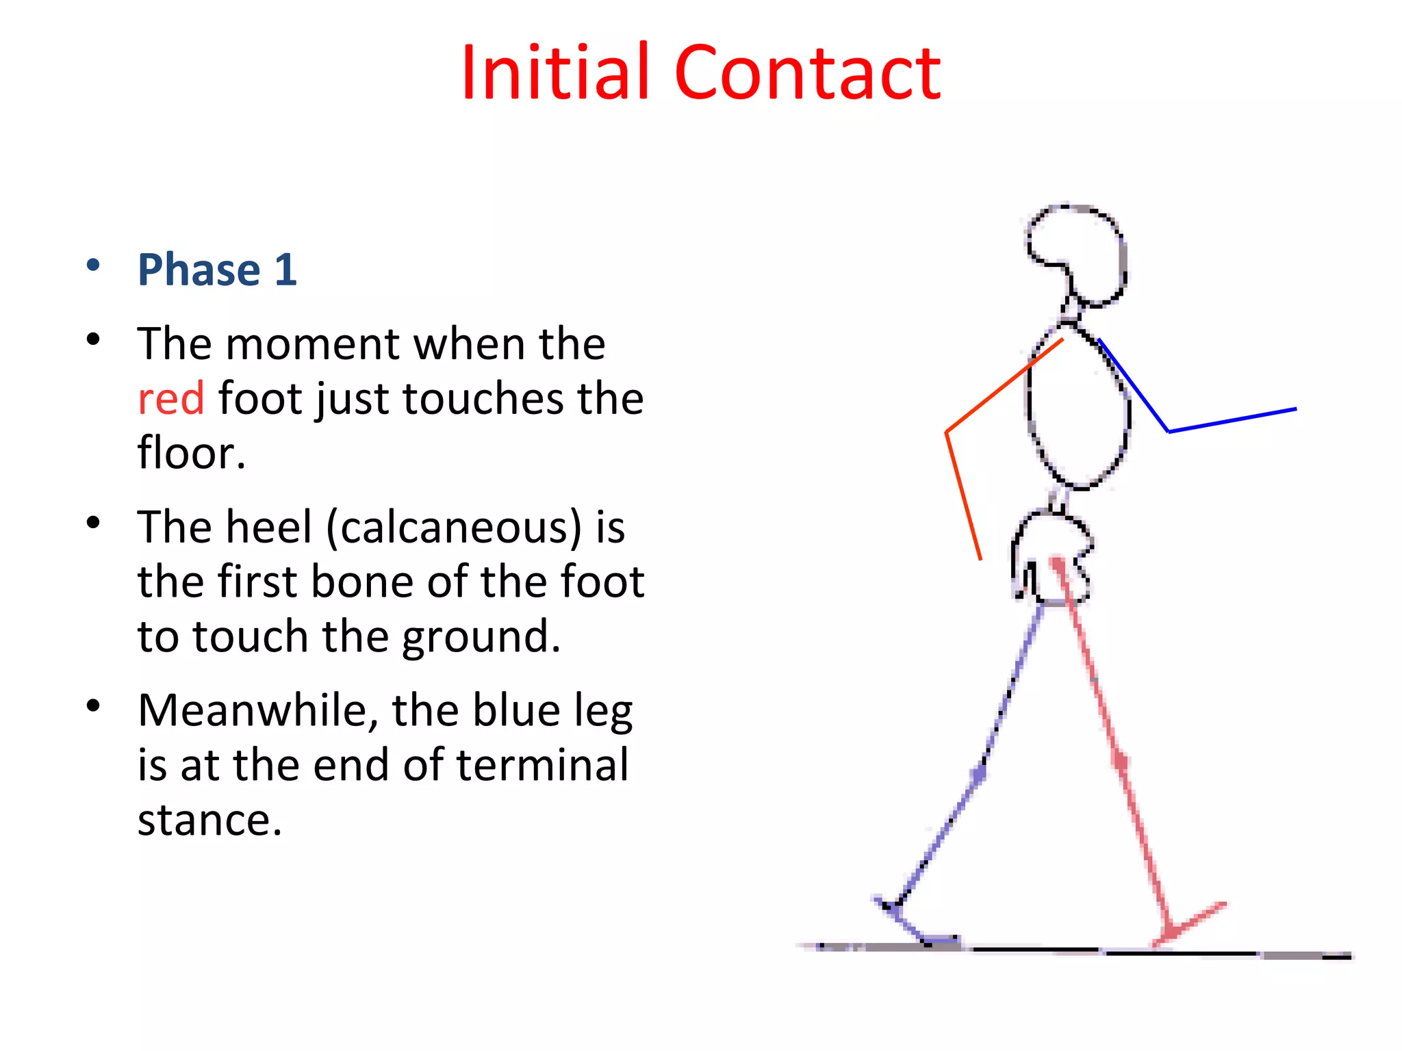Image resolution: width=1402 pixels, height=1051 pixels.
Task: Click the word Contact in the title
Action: point(808,72)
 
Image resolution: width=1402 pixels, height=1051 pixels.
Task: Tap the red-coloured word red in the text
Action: point(171,398)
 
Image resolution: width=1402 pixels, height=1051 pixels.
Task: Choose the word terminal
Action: point(542,765)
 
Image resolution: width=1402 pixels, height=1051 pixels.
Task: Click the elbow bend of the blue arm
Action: point(1168,431)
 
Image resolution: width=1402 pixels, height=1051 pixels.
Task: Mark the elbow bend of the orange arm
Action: point(947,432)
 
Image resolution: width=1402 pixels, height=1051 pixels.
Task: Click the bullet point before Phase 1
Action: point(94,265)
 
